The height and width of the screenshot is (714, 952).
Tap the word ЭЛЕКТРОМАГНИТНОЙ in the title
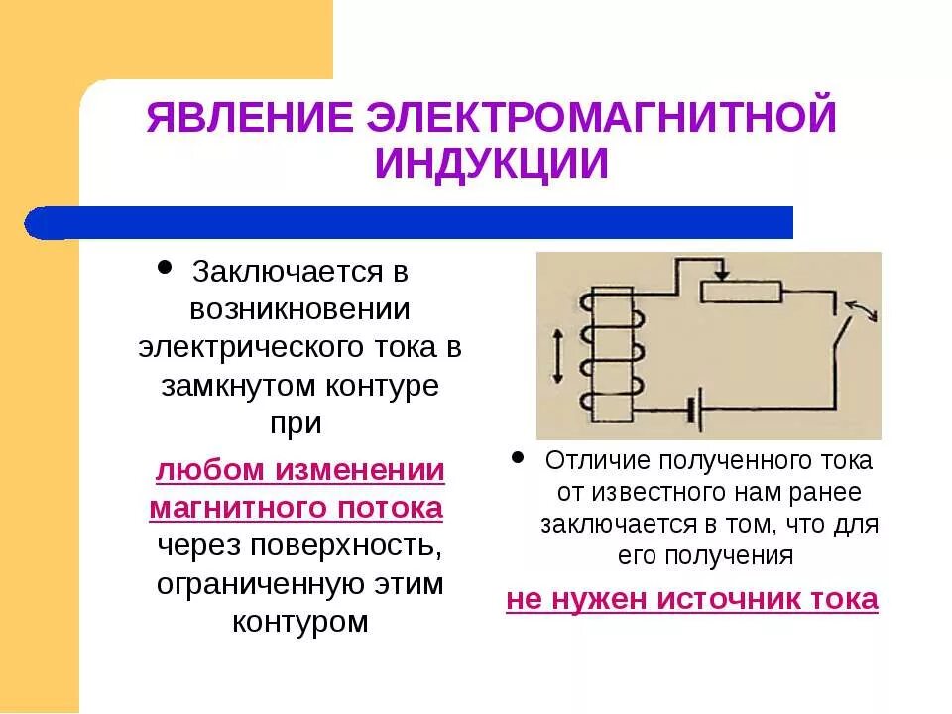pos(599,118)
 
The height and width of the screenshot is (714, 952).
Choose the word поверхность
pos(347,546)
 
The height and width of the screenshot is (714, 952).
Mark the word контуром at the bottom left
pos(299,622)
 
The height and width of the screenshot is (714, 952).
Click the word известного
pos(637,493)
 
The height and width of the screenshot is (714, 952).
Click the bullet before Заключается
pos(165,268)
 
